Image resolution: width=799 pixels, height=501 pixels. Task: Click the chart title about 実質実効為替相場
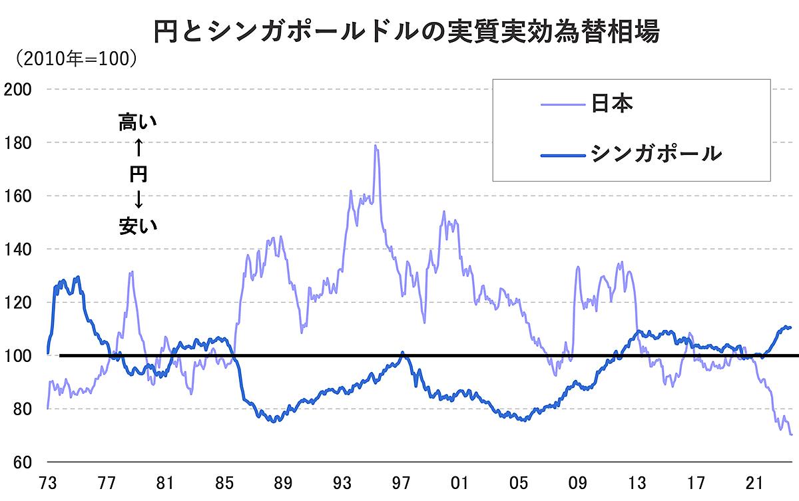(x=405, y=31)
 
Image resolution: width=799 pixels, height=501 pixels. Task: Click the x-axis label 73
(x=47, y=482)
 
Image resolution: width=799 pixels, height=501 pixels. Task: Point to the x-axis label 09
(x=578, y=482)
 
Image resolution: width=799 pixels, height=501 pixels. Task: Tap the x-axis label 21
(x=754, y=482)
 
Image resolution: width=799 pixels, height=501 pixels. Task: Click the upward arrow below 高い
(x=138, y=148)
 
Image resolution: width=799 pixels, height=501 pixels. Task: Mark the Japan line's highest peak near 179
(x=376, y=146)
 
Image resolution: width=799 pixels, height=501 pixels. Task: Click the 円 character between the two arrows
(x=138, y=174)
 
